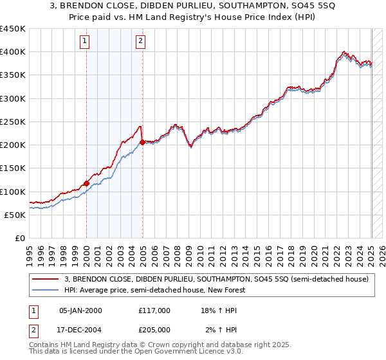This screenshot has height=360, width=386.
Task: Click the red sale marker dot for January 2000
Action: point(86,183)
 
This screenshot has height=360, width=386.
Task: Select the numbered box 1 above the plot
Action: point(85,42)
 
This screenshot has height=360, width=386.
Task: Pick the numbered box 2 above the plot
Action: point(140,42)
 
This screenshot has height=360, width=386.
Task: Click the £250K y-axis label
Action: point(13,122)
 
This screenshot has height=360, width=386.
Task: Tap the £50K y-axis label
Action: point(15,215)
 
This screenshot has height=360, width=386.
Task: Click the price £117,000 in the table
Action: point(154,310)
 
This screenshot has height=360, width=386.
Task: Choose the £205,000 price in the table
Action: point(154,330)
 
